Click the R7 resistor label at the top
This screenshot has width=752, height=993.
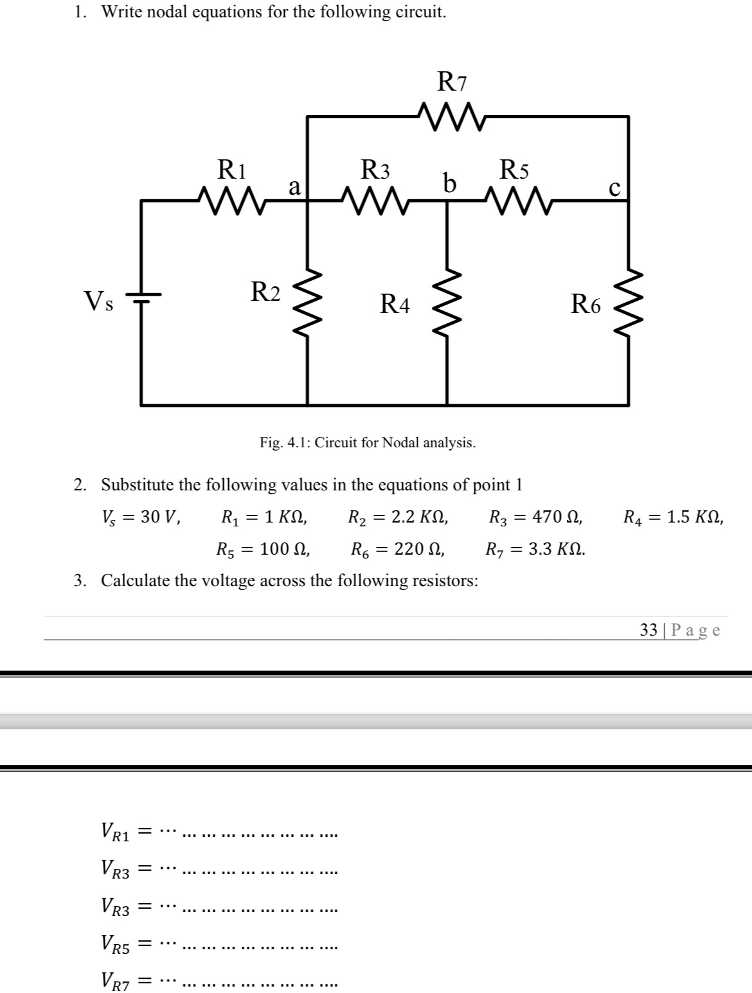tap(452, 82)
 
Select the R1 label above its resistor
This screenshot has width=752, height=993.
tap(232, 170)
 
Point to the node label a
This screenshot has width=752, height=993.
tap(294, 186)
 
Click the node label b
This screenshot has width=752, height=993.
tap(450, 183)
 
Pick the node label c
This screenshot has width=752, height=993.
tap(614, 188)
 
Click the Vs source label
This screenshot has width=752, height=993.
tap(99, 300)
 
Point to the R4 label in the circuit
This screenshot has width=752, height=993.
tap(395, 303)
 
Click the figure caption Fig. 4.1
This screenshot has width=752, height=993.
tap(368, 442)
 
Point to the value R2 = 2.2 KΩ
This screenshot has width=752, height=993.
tap(398, 517)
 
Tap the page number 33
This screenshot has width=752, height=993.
tap(648, 630)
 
